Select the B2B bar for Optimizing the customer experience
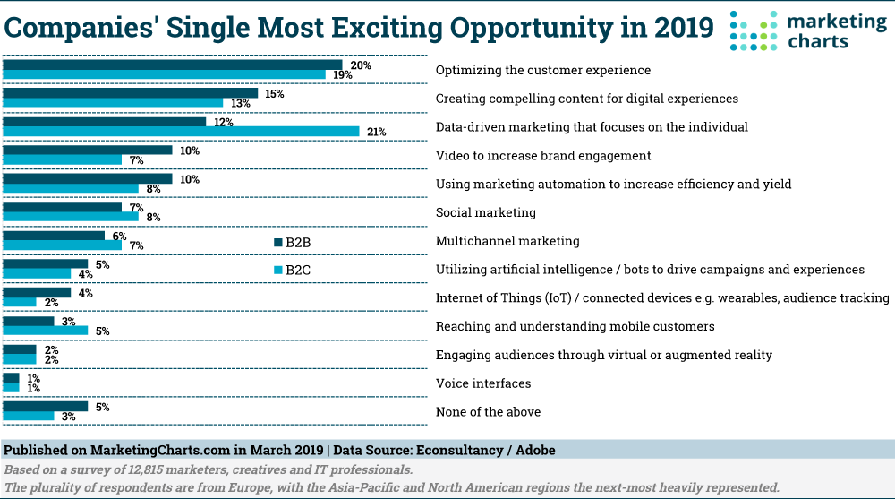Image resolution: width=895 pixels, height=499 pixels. [x=173, y=65]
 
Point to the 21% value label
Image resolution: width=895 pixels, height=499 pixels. [x=376, y=132]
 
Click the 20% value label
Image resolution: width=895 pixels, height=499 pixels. [x=361, y=65]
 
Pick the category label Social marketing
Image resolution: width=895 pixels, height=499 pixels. [x=485, y=212]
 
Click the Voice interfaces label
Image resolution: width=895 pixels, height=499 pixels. [x=482, y=383]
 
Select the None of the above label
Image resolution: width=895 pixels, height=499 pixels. [x=488, y=412]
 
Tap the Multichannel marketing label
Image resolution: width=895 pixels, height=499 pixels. [x=507, y=241]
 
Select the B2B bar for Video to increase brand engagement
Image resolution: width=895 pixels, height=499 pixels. [x=88, y=151]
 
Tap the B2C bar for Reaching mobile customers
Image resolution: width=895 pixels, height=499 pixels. [x=46, y=331]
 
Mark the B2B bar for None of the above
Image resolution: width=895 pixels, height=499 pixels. [x=46, y=407]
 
